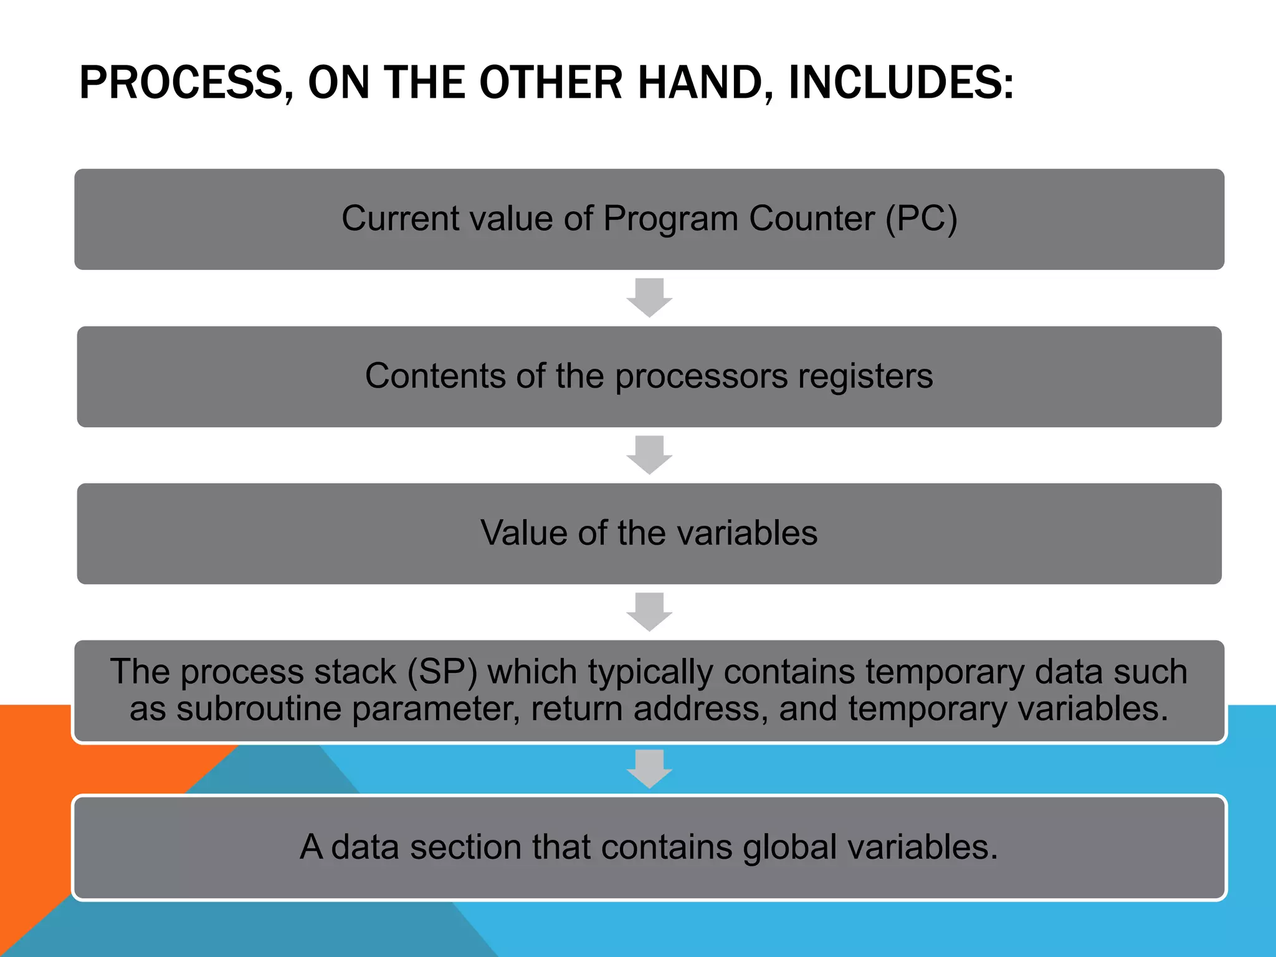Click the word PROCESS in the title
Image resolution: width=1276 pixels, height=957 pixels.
[181, 83]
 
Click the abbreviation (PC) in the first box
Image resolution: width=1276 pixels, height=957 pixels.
[921, 219]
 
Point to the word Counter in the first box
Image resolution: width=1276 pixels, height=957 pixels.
[811, 219]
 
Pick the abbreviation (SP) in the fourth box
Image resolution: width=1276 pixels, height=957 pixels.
[442, 672]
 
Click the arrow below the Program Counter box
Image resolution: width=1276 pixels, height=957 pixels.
[649, 297]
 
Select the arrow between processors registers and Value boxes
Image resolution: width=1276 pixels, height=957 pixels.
[649, 455]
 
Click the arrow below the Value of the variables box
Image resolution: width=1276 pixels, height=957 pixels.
[649, 612]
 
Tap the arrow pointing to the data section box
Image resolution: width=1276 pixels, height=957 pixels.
[649, 769]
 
